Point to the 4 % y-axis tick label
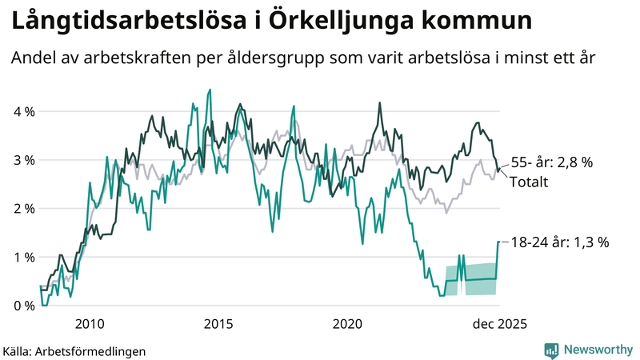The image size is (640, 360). [x=23, y=111]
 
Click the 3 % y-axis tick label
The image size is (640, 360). [x=23, y=160]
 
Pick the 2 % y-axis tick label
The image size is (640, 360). [x=23, y=209]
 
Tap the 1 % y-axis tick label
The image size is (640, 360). [x=23, y=257]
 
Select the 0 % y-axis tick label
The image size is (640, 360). [x=23, y=306]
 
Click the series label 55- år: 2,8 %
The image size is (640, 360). [x=551, y=162]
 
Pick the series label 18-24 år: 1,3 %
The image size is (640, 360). [x=561, y=242]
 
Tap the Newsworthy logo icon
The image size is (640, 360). [x=551, y=350]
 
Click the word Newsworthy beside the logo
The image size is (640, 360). [x=597, y=350]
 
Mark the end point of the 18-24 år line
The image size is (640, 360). [x=498, y=242]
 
